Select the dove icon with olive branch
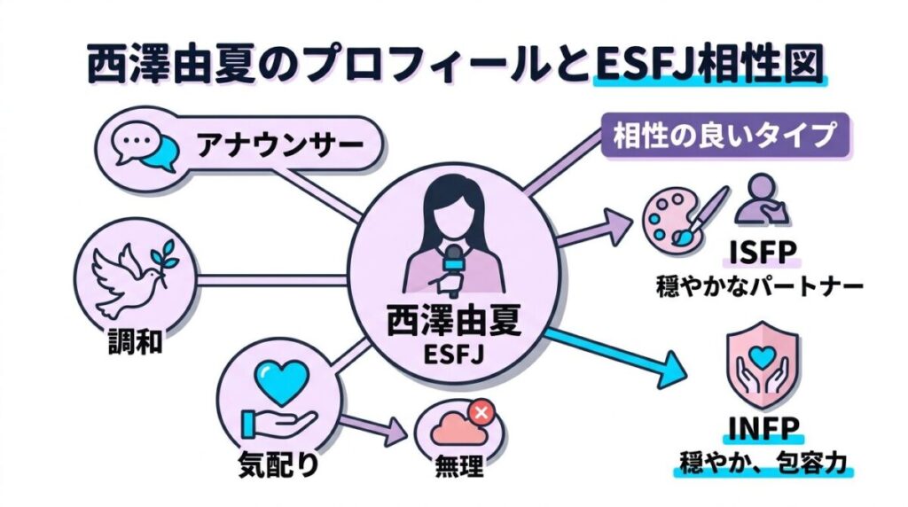pyautogui.click(x=129, y=270)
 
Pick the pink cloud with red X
pyautogui.click(x=459, y=429)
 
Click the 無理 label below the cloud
pyautogui.click(x=459, y=467)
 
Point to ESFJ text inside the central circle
pyautogui.click(x=453, y=358)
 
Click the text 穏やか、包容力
pyautogui.click(x=763, y=463)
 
